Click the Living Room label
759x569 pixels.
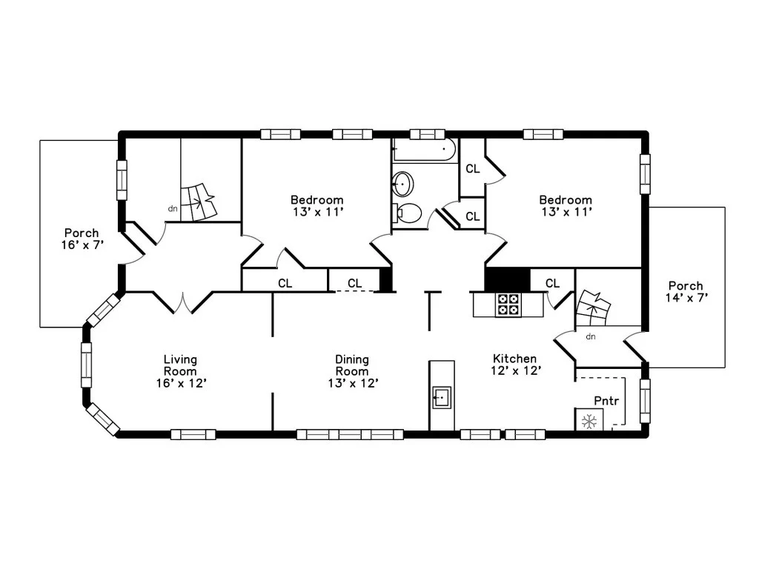[180, 365]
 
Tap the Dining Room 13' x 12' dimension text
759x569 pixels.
[353, 383]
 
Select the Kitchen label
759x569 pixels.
[514, 359]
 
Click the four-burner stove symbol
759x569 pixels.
[508, 305]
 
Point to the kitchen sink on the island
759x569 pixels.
[442, 398]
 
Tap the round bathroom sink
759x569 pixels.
[402, 184]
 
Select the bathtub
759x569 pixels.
[425, 150]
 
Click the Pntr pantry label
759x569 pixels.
[606, 401]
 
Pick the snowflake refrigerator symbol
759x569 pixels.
[589, 421]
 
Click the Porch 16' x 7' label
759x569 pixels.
[82, 239]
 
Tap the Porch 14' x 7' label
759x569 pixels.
[686, 292]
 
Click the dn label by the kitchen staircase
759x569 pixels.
[591, 337]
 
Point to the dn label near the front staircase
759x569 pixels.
[173, 209]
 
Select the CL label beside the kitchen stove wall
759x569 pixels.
[552, 283]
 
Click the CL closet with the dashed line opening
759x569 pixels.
[355, 283]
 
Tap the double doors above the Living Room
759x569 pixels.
[183, 302]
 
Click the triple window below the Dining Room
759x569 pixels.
[350, 434]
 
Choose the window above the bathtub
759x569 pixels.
[428, 134]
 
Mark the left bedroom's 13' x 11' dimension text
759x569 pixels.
[318, 212]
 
